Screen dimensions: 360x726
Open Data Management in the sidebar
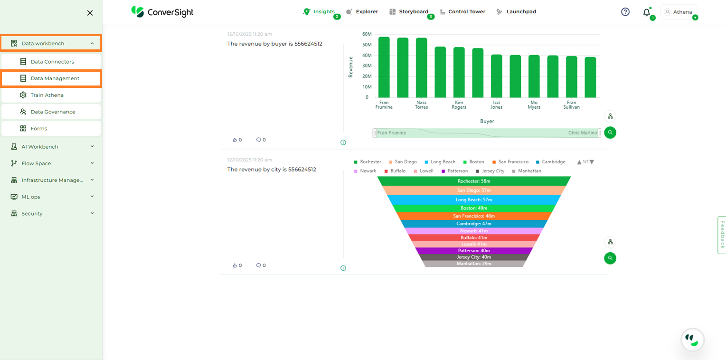coord(55,78)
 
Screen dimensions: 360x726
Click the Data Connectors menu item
coord(52,62)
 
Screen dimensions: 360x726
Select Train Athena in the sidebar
coord(47,95)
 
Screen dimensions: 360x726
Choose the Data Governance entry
coord(53,112)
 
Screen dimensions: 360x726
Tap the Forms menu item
coord(38,128)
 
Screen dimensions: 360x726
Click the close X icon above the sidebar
coord(90,13)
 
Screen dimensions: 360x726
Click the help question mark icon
coord(625,12)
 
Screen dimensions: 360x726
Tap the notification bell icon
coord(646,12)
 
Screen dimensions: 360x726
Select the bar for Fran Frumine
coord(384,67)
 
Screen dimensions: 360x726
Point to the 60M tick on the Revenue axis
coord(367,34)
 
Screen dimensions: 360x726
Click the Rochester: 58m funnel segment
coord(474,181)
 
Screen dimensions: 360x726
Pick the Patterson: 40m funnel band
coord(474,251)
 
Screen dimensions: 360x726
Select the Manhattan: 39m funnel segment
coord(474,264)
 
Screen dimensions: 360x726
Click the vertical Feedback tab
coord(722,235)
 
